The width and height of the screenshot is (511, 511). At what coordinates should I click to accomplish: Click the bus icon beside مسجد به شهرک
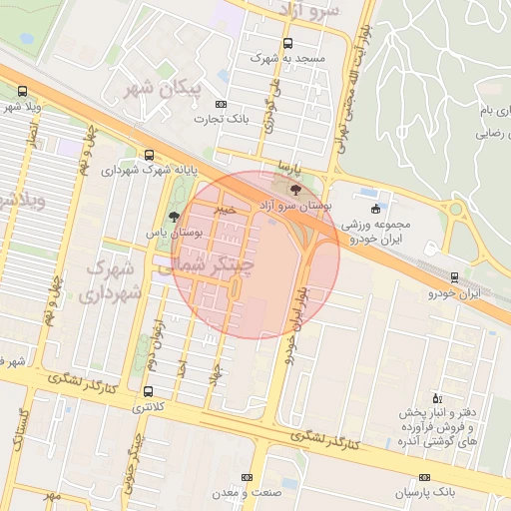288,44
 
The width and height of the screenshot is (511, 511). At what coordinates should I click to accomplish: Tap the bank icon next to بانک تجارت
221,104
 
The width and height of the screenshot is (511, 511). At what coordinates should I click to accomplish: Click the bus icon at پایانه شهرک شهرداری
149,155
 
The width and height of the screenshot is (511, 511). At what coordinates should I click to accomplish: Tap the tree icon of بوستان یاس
175,216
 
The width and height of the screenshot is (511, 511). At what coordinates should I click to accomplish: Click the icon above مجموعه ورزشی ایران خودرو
375,209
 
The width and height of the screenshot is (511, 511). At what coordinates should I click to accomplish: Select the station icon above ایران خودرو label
455,276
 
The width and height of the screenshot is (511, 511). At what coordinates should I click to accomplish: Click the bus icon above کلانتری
149,391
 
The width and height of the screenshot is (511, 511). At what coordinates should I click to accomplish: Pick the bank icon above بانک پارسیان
425,477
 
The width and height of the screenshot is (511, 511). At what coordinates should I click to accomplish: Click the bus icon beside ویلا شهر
22,91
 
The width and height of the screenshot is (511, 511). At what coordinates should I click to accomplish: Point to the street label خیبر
227,211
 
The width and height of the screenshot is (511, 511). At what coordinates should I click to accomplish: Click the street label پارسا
287,166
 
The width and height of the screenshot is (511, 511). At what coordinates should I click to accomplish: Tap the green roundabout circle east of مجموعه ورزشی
456,211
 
